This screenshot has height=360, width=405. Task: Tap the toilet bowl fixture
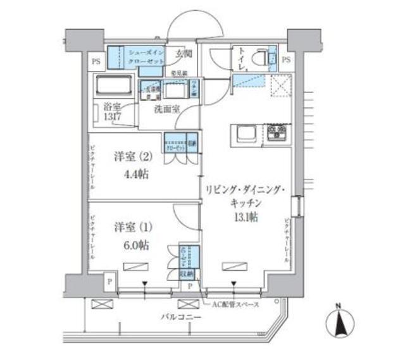tap(259, 57)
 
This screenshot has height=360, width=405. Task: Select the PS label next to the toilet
tap(285, 61)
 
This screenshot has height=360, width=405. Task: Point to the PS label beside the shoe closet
tap(96, 61)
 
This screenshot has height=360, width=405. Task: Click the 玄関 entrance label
tap(184, 54)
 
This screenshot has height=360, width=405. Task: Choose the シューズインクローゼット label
tap(146, 56)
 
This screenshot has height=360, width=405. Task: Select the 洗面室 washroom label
tap(166, 109)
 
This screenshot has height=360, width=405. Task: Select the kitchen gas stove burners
tap(277, 133)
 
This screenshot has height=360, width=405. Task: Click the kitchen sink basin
tap(246, 133)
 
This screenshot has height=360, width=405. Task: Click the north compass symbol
tap(339, 323)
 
